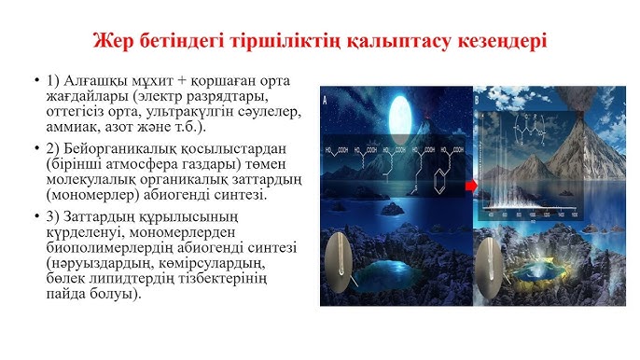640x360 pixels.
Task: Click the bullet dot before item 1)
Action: coord(35,79)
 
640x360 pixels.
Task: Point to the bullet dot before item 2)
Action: coord(35,150)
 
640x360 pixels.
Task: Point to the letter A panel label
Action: coord(324,96)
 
